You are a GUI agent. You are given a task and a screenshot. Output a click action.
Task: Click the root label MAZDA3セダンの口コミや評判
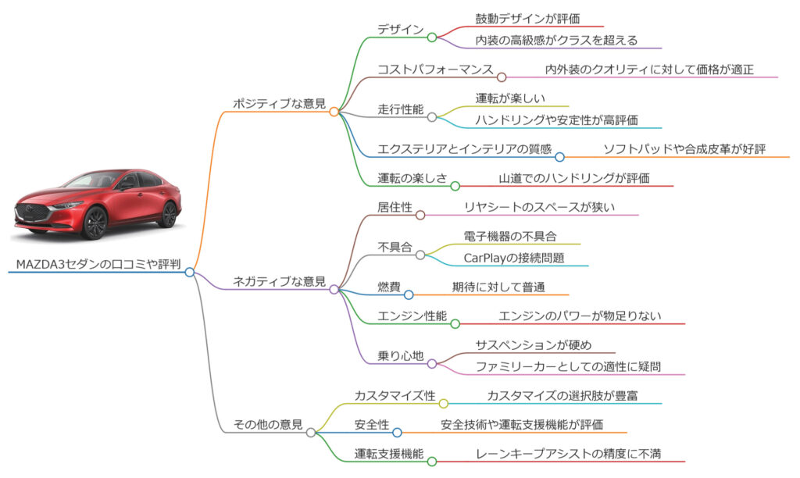pos(98,264)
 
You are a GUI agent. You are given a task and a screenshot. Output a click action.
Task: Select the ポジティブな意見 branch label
pos(279,104)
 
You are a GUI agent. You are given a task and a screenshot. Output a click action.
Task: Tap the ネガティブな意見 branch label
pos(279,281)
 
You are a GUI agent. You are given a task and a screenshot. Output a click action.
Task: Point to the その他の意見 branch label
pos(268,424)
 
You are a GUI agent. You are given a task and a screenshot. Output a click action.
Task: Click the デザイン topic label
pos(401,30)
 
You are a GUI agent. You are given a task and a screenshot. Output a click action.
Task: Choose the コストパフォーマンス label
pos(435,70)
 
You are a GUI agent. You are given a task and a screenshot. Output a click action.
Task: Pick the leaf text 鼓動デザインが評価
pos(527,19)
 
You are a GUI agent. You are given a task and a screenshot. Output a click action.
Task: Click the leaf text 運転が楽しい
pos(510,98)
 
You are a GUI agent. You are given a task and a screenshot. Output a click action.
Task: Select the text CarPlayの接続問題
pos(514,258)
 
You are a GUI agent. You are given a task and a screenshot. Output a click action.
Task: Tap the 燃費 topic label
pos(389,287)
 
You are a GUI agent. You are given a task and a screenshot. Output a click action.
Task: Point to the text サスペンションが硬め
pos(533,345)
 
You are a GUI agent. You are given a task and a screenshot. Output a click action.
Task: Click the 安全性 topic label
pos(371,425)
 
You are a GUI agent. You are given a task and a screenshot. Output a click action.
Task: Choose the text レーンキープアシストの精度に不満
pos(568,454)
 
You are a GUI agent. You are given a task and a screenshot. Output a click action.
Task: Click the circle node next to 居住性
pos(420,216)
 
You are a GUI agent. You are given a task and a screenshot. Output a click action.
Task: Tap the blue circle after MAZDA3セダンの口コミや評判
pos(190,273)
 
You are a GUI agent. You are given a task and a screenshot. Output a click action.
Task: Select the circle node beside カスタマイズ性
pos(444,404)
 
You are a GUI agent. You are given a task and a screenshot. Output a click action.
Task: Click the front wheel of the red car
pos(95,223)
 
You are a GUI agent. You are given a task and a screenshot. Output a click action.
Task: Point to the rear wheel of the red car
pos(169,214)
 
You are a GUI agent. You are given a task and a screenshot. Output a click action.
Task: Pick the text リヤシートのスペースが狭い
pos(539,207)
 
